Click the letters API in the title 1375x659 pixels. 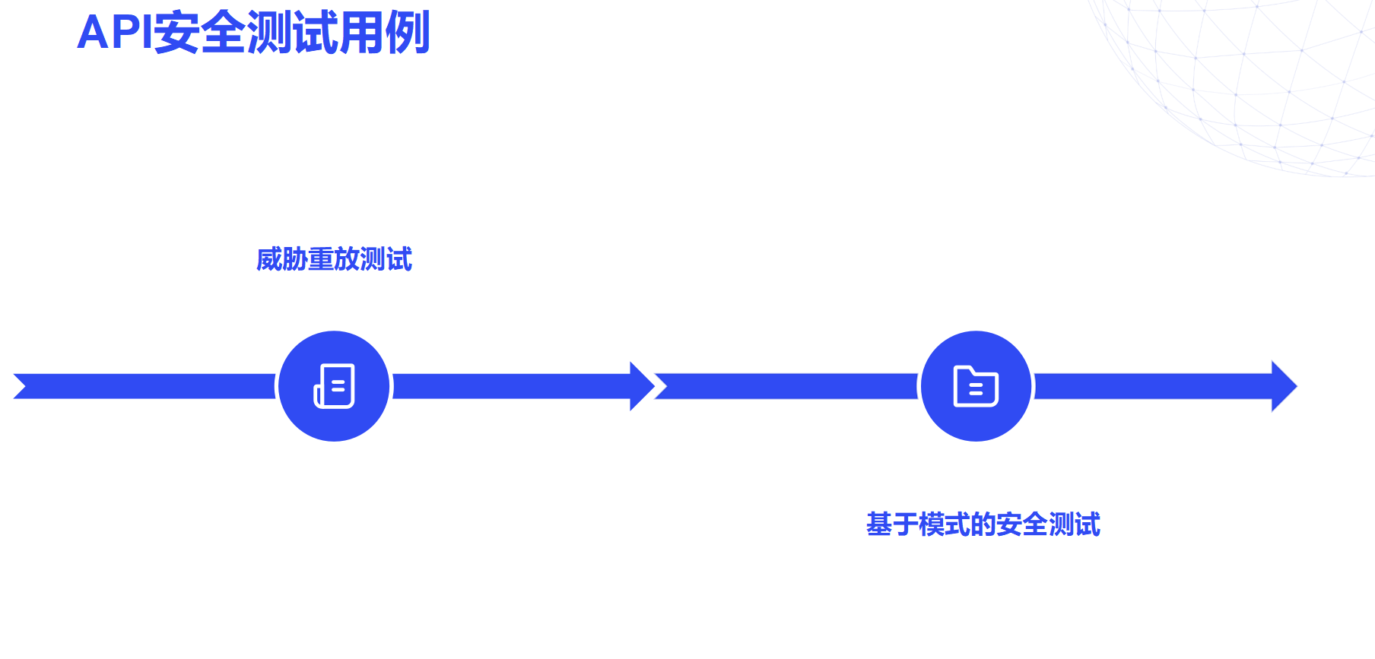click(114, 33)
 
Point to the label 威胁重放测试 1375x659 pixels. click(334, 259)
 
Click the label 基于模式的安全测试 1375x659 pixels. click(983, 524)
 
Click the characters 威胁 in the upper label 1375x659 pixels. click(281, 259)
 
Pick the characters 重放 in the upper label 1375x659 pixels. click(334, 259)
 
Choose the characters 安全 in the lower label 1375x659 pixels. click(1022, 524)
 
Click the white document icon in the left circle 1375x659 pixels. click(335, 386)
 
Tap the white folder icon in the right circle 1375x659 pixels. click(976, 386)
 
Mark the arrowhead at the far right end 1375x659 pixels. click(1283, 386)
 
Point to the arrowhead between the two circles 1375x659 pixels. click(641, 386)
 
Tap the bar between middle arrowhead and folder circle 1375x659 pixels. click(791, 386)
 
